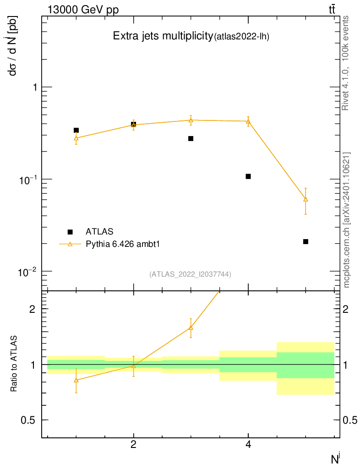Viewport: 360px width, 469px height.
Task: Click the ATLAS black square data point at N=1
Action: point(76,131)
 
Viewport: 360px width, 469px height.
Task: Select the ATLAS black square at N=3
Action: point(191,138)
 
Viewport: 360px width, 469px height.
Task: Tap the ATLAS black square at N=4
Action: point(248,176)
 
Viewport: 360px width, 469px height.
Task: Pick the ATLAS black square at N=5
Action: point(305,241)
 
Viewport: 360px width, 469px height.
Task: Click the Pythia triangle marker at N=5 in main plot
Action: point(305,199)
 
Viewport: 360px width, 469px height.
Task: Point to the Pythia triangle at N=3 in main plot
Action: point(191,120)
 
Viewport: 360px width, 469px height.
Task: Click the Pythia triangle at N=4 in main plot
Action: point(248,121)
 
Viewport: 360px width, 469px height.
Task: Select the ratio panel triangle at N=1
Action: point(76,380)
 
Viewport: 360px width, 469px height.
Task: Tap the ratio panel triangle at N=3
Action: point(191,327)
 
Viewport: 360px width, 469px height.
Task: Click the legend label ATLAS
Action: point(99,231)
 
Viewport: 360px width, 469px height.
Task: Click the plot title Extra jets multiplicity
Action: point(163,37)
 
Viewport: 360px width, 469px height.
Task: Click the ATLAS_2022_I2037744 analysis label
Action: point(190,274)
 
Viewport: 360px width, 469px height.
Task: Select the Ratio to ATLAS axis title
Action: point(14,364)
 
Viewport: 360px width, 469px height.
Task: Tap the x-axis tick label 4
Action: point(248,444)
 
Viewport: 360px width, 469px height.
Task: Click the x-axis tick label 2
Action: point(133,444)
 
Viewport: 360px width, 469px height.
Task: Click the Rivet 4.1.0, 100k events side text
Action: point(346,63)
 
